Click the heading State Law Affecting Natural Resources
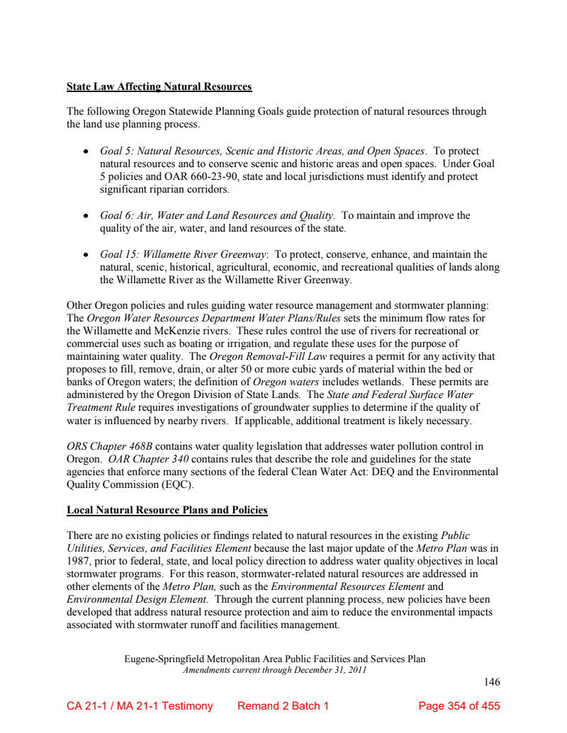[159, 87]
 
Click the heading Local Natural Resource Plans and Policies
[167, 510]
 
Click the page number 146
[492, 682]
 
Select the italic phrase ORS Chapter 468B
[109, 446]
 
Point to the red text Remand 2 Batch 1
[283, 706]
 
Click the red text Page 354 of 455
[459, 706]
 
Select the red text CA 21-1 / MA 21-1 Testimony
[140, 706]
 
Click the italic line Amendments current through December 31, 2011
[275, 670]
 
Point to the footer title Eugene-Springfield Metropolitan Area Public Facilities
[275, 659]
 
